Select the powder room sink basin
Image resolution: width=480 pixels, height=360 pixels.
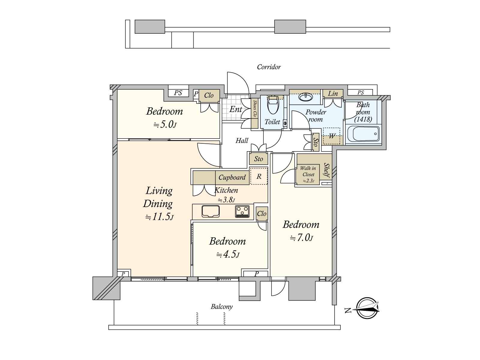[x=306, y=97]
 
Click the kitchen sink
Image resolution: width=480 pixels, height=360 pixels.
[x=211, y=211]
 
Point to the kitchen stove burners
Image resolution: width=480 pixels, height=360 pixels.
[x=242, y=211]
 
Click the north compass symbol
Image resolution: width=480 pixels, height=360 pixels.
[x=367, y=308]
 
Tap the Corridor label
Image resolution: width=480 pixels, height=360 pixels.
[x=269, y=67]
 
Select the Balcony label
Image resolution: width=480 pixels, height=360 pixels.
[x=222, y=307]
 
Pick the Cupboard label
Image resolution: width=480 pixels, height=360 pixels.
[x=232, y=177]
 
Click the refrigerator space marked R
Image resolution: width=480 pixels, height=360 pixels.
[x=259, y=176]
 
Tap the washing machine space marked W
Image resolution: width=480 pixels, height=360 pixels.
[x=331, y=136]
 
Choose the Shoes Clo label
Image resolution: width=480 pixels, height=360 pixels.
[x=254, y=108]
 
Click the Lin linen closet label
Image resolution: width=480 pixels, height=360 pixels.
[x=333, y=94]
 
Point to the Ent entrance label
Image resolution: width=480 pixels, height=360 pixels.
[x=236, y=109]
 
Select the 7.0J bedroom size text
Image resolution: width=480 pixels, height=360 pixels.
[x=302, y=238]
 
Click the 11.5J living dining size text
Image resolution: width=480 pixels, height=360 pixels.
[x=159, y=217]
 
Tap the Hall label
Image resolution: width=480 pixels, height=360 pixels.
[x=242, y=140]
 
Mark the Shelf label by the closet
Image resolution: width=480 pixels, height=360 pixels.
[x=327, y=170]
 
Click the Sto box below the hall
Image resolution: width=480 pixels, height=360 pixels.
[x=259, y=159]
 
